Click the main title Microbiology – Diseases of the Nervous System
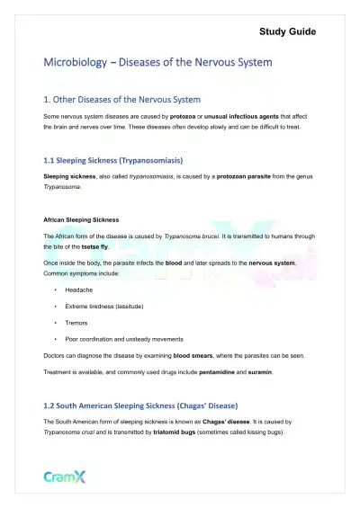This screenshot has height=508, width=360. click(157, 64)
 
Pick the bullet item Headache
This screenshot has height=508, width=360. click(80, 290)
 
